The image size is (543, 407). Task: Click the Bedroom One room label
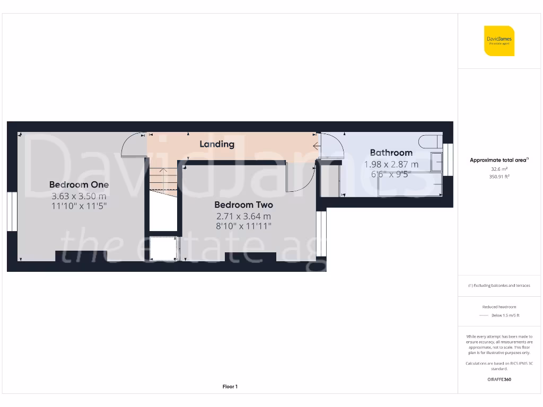pos(79,184)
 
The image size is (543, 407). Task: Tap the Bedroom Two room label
pos(243,205)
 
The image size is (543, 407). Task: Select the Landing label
pos(217,144)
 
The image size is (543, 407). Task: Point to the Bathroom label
pos(391,153)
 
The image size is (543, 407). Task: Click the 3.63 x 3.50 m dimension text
pos(79,196)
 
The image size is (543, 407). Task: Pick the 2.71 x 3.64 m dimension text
pos(243,216)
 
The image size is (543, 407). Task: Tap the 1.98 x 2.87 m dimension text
pos(391,164)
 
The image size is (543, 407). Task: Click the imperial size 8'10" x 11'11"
pos(243,226)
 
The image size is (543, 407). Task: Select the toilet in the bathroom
pos(430,141)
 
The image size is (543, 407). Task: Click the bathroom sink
pos(436,162)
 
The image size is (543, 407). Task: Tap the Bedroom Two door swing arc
pos(299,180)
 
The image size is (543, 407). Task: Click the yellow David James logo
pos(499,41)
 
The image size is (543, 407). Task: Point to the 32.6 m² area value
pos(499,169)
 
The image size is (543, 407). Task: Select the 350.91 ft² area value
pos(499,177)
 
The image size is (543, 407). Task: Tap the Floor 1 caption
pos(230,387)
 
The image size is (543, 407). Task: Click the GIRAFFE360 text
pos(499,379)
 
